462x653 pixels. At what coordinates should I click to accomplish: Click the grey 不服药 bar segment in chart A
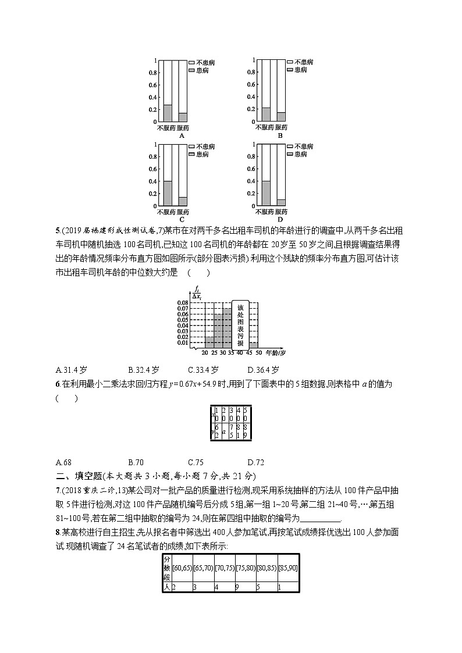point(168,113)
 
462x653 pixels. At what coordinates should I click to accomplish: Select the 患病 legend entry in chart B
point(296,70)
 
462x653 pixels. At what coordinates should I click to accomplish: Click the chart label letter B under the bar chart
point(280,135)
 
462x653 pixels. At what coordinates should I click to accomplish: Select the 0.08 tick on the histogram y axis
point(182,303)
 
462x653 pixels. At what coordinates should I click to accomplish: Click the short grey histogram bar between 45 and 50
point(254,345)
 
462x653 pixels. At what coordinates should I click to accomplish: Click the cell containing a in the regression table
point(224,431)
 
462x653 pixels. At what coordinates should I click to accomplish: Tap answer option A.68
point(63,462)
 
